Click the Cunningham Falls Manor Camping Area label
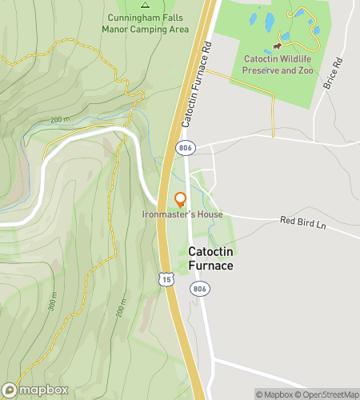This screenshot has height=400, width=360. point(145,23)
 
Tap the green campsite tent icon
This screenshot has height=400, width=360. point(145,3)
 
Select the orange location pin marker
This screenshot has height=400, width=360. point(180,199)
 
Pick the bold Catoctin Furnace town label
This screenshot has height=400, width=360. point(210,258)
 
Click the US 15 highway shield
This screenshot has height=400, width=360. point(165,279)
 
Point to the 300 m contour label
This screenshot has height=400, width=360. point(54,301)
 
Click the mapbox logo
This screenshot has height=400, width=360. point(36,390)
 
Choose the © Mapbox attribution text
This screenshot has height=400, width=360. point(274,394)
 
